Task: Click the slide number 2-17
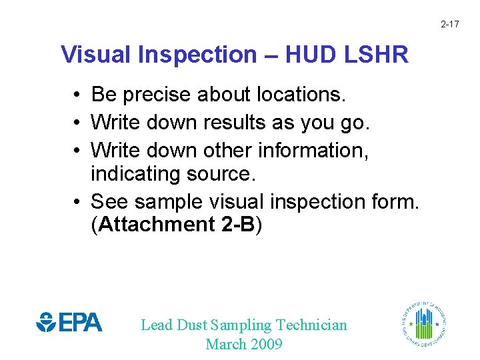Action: (x=449, y=25)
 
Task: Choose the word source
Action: (x=217, y=174)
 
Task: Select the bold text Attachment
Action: (x=156, y=225)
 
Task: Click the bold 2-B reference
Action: (x=237, y=225)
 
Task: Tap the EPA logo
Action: (x=69, y=323)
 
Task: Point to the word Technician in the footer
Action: (x=311, y=325)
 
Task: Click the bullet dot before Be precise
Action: (x=79, y=95)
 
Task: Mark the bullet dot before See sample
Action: (x=79, y=201)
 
